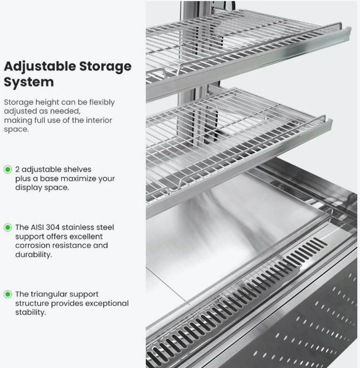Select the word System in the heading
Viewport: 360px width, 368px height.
(29, 83)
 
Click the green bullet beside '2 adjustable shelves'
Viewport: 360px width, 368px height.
(8, 170)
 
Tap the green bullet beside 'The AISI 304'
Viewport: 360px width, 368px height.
(8, 227)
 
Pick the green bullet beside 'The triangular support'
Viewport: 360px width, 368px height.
(8, 294)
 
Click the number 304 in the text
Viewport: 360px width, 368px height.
(52, 227)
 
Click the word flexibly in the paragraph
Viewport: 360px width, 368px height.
(102, 103)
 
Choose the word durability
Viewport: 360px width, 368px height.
(33, 255)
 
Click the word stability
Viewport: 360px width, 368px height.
(31, 313)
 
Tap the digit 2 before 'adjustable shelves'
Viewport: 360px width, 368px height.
(18, 170)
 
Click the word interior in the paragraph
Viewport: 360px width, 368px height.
(99, 120)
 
